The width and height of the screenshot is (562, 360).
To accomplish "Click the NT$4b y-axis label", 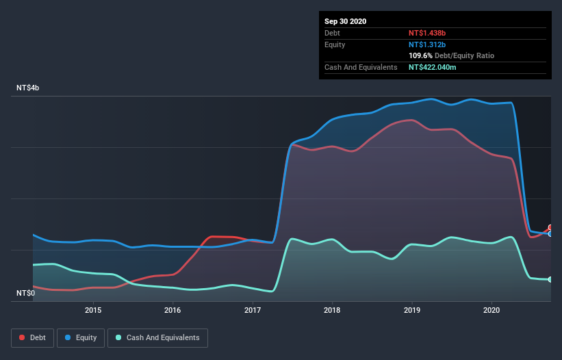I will pyautogui.click(x=29, y=88).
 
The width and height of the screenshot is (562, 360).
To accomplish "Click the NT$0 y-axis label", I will pyautogui.click(x=25, y=293).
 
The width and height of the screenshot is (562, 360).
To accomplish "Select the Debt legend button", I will pyautogui.click(x=33, y=337).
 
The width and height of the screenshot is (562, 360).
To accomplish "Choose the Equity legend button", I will pyautogui.click(x=81, y=337).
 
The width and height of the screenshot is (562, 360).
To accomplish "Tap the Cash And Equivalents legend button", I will pyautogui.click(x=157, y=337).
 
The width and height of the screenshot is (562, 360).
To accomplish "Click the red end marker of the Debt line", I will pyautogui.click(x=550, y=228).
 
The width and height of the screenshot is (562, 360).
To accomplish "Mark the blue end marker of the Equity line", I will pyautogui.click(x=550, y=234).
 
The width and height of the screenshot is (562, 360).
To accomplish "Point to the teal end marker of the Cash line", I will pyautogui.click(x=550, y=279).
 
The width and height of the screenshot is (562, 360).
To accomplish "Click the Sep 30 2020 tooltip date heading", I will pyautogui.click(x=346, y=21).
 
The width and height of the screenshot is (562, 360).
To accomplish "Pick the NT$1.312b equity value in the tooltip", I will pyautogui.click(x=428, y=44).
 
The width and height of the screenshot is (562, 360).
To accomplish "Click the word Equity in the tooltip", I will pyautogui.click(x=335, y=44).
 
